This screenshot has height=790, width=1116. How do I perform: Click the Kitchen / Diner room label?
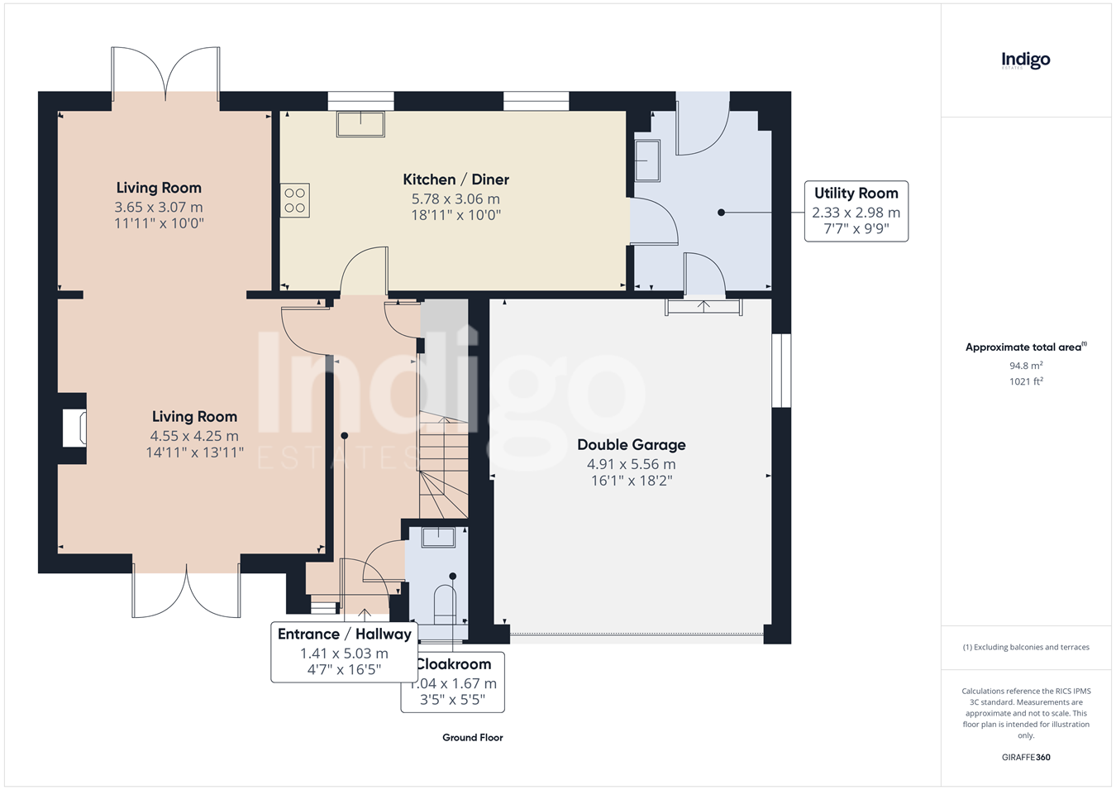455,180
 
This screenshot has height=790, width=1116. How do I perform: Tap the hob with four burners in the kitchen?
295,200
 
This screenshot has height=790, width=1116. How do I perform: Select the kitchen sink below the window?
360,124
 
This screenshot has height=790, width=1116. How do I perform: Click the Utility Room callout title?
856,193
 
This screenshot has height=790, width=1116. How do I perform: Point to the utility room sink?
647,160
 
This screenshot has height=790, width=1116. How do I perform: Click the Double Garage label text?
632,444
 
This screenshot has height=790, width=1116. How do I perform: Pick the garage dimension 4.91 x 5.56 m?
632,464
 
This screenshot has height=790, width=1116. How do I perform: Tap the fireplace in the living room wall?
74,429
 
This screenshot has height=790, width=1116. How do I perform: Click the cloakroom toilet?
445,605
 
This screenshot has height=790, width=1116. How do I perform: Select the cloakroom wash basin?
438,538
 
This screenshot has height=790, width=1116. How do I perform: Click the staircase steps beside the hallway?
443,468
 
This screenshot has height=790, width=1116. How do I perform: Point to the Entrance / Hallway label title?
344,634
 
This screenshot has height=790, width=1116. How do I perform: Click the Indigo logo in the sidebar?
1026,61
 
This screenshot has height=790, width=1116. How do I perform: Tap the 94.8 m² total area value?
1026,366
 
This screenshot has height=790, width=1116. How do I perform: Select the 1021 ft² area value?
1026,381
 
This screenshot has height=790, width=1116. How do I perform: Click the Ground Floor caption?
473,738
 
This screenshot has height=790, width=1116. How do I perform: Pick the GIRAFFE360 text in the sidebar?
1026,757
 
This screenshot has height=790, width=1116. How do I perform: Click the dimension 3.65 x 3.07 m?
159,207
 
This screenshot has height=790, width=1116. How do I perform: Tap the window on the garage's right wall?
781,371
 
